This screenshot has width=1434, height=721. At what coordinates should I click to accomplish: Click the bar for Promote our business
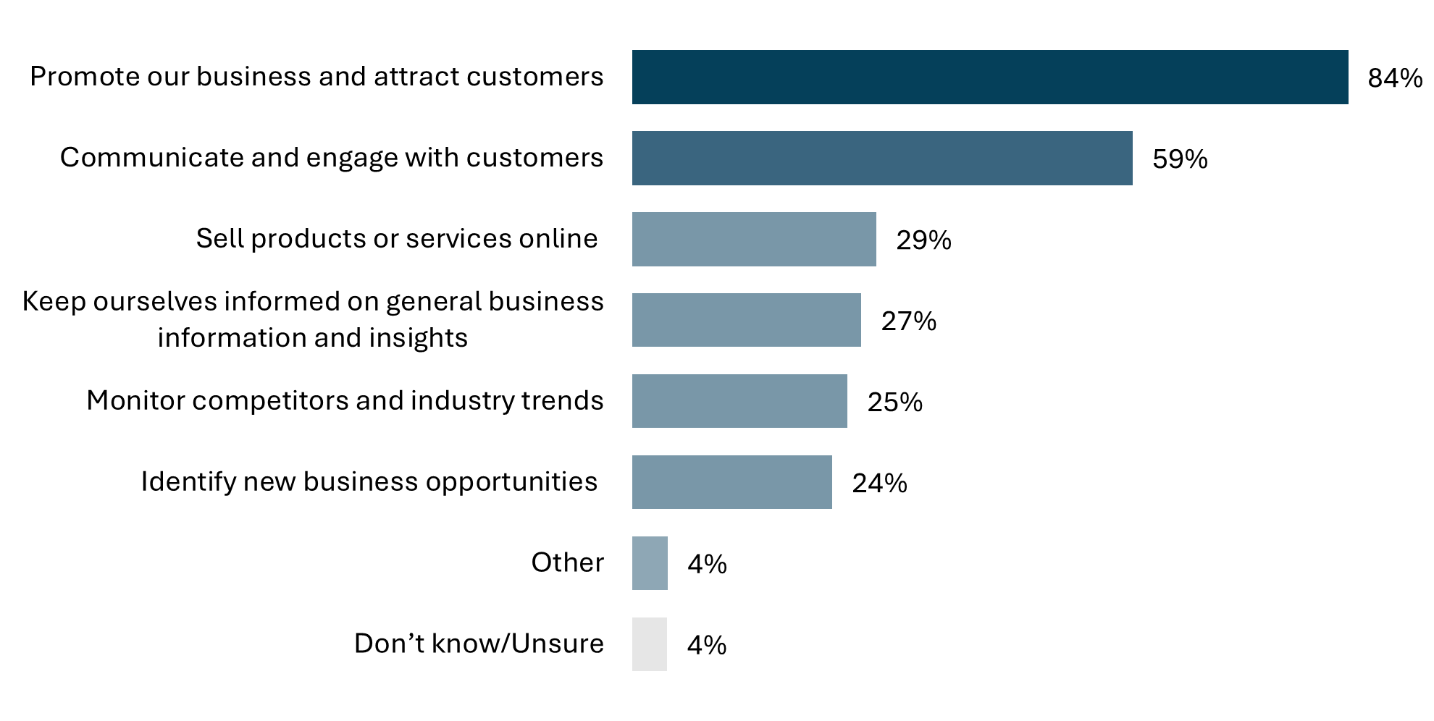[x=989, y=77]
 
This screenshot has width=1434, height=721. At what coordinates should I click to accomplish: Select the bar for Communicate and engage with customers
[x=881, y=158]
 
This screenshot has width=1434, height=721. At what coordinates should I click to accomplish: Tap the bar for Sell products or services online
[x=753, y=239]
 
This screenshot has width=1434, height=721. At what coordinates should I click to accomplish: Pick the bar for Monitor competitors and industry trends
[x=739, y=401]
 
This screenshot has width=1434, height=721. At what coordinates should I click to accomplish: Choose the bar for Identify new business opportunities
[x=731, y=482]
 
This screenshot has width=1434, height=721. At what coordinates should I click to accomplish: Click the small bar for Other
[x=649, y=563]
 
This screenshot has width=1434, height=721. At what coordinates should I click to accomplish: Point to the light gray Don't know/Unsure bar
[x=649, y=644]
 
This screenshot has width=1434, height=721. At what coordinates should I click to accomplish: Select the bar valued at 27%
[x=746, y=320]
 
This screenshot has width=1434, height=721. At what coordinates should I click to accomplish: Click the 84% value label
[x=1395, y=78]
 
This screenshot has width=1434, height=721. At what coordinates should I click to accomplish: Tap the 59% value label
[x=1180, y=159]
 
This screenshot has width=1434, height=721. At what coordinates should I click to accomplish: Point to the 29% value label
[x=923, y=240]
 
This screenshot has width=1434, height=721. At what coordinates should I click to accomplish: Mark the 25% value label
[x=894, y=402]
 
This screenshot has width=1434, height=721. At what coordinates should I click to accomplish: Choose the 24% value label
[x=879, y=484]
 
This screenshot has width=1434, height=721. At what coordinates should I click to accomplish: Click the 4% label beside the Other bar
[x=707, y=565]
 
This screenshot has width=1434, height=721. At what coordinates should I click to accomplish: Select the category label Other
[x=567, y=562]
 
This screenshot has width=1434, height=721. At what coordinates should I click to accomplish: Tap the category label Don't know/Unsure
[x=479, y=644]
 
